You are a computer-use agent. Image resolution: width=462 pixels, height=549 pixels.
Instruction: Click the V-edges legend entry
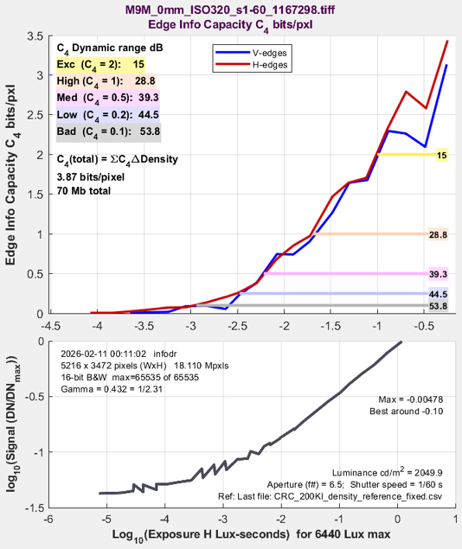[x=252, y=53]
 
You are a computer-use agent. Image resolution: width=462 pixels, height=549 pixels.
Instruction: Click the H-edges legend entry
[x=252, y=65]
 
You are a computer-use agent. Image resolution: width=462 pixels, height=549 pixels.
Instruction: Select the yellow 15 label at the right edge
[x=442, y=155]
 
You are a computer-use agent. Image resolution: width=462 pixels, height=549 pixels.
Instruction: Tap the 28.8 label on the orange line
[x=438, y=234]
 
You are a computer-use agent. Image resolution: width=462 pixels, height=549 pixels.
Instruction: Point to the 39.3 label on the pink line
[x=438, y=274]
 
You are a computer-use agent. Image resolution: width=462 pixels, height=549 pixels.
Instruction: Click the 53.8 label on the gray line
[x=438, y=306]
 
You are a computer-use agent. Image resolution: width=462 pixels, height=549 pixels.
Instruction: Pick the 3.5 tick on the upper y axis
[x=35, y=36]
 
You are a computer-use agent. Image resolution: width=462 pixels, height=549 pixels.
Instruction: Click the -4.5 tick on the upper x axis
[x=51, y=326]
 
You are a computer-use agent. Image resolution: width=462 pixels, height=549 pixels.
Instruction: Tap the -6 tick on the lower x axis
[x=48, y=519]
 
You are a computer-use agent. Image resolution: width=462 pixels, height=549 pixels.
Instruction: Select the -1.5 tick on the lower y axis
[x=35, y=508]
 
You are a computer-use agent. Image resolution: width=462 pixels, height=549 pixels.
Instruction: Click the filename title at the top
[x=230, y=10]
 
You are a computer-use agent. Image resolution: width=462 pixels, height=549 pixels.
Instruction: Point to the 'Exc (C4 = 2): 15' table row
[x=100, y=65]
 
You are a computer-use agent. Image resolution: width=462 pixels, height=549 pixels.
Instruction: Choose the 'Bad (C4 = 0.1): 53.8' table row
[x=109, y=132]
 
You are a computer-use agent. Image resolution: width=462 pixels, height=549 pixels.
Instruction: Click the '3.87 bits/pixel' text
[x=91, y=177]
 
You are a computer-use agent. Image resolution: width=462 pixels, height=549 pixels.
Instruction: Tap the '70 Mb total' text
[x=84, y=191]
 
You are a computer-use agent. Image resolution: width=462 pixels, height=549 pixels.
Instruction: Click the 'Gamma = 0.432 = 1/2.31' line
[x=112, y=389]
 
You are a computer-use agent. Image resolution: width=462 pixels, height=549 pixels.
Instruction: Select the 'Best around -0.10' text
[x=407, y=411]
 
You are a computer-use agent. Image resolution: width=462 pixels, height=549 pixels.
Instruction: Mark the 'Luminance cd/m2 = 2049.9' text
[x=388, y=472]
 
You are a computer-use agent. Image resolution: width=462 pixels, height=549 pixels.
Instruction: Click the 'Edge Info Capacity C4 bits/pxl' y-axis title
[x=11, y=175]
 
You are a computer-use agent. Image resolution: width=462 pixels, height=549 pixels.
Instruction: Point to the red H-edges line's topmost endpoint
[x=447, y=41]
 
